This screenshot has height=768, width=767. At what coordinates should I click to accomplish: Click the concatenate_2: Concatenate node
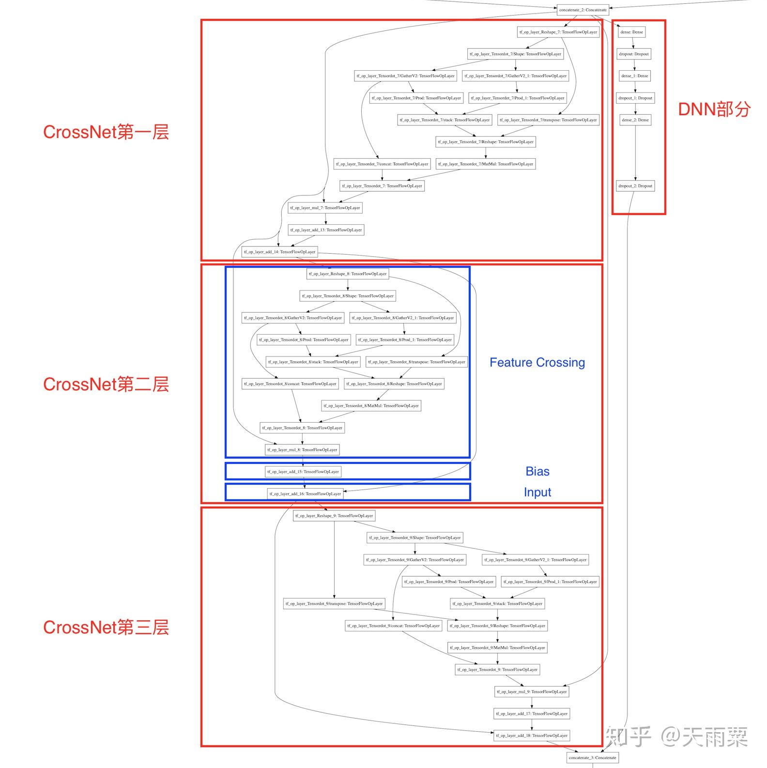583,10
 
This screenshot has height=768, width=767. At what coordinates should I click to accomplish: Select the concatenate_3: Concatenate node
592,757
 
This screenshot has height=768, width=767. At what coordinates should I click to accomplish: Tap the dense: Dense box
632,32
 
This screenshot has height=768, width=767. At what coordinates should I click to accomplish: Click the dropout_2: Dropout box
635,186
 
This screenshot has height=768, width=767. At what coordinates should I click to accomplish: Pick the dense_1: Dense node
635,76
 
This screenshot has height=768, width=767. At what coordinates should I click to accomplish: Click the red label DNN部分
714,109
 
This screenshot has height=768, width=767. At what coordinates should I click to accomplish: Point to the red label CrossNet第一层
106,132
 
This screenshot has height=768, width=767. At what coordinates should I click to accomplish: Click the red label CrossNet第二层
106,384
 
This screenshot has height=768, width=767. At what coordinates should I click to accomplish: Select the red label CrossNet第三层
106,628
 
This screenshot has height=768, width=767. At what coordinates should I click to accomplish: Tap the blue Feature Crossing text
537,363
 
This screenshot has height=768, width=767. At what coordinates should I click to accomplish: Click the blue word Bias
537,472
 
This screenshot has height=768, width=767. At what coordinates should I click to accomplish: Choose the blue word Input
537,492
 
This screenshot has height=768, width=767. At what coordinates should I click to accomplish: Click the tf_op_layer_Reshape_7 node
558,32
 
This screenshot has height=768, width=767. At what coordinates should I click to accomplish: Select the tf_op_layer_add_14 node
279,252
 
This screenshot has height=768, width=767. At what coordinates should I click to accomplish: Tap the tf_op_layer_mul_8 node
302,450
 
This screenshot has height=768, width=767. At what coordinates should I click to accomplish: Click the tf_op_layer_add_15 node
303,472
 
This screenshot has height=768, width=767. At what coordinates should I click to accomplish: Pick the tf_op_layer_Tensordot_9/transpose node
334,604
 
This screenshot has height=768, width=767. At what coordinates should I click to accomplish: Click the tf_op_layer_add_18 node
532,736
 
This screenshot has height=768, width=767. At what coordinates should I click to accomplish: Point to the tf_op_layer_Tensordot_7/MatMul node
486,164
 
